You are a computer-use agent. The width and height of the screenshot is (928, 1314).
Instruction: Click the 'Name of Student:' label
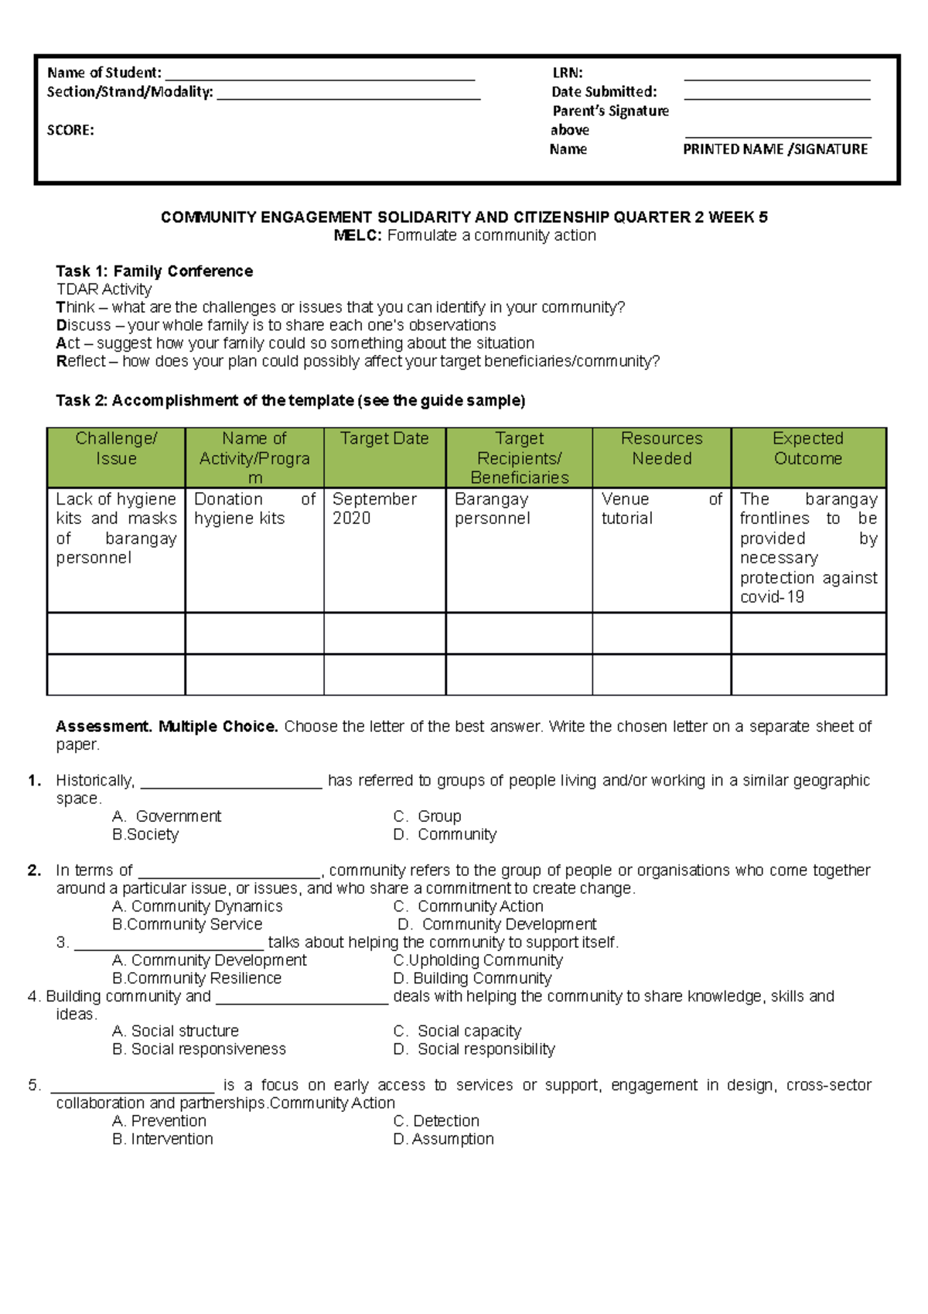(x=104, y=73)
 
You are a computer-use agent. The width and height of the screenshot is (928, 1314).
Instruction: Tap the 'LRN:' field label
(x=567, y=73)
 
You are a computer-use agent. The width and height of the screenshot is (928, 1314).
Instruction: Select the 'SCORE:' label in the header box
(x=70, y=130)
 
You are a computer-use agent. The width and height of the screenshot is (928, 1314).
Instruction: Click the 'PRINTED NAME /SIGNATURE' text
(x=775, y=149)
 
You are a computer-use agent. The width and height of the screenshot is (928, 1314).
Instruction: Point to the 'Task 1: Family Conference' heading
(x=154, y=271)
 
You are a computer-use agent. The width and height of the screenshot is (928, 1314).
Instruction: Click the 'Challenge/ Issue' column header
(x=116, y=449)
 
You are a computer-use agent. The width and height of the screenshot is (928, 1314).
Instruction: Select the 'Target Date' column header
(x=384, y=439)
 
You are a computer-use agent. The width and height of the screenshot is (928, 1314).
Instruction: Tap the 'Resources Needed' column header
(x=661, y=449)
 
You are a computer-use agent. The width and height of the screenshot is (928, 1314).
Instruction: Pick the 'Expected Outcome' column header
(x=807, y=449)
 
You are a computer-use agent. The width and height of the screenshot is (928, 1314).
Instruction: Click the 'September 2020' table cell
(x=374, y=508)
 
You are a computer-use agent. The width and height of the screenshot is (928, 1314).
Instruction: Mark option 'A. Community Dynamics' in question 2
(x=197, y=906)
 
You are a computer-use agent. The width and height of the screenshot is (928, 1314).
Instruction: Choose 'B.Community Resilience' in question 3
(x=196, y=978)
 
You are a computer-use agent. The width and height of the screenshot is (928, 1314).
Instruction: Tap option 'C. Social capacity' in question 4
(x=457, y=1032)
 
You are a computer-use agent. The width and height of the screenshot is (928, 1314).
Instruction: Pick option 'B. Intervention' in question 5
(x=162, y=1139)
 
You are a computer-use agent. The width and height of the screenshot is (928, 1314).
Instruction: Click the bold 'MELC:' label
(x=357, y=235)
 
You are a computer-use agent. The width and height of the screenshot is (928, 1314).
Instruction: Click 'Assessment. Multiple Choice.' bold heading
(x=166, y=727)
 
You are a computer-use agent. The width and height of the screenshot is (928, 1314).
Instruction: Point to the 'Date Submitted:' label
(x=603, y=92)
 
